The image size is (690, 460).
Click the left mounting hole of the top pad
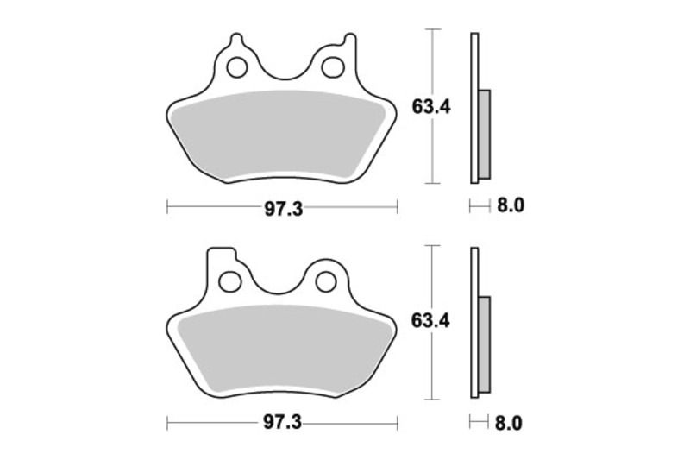236,66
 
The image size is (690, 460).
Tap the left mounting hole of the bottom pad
229,281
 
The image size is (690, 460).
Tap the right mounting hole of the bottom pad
326,281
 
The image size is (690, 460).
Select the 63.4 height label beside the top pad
432,107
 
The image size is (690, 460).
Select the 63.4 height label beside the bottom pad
432,321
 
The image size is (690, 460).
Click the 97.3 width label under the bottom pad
282,425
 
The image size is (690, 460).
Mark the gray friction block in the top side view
484,134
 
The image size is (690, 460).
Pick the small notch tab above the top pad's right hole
348,40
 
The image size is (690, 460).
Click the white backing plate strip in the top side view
474,69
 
